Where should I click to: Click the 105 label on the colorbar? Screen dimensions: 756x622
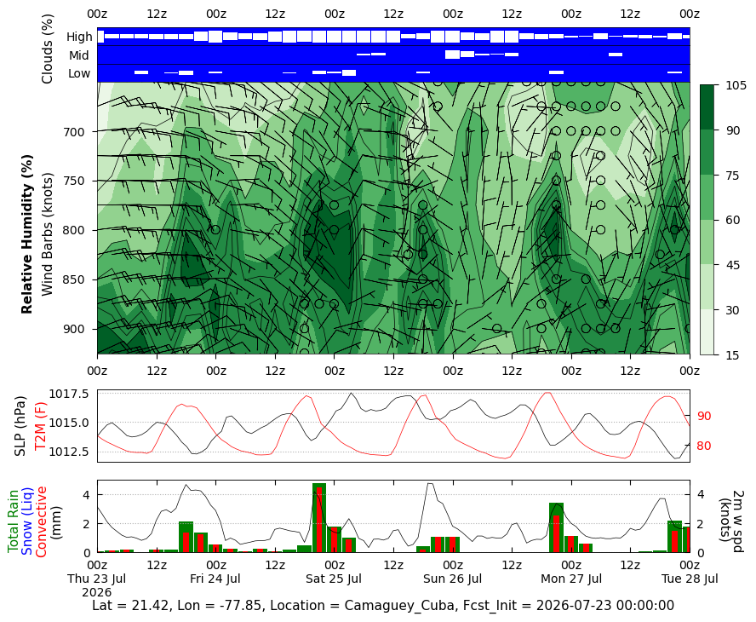pos(736,85)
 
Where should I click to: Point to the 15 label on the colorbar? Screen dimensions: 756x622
pos(732,355)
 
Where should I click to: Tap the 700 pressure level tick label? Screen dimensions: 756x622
pos(74,132)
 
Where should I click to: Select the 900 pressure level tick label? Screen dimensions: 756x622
pos(74,329)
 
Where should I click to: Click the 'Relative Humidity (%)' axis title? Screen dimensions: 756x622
pos(27,234)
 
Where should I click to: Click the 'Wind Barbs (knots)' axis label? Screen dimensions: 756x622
pos(47,234)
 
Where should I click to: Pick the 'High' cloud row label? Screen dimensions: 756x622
pos(79,37)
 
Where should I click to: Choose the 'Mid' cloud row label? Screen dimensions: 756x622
pos(78,55)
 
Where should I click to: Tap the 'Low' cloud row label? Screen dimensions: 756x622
pos(79,73)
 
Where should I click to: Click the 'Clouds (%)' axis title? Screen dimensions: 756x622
pos(47,49)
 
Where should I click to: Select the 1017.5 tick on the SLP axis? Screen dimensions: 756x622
pos(69,394)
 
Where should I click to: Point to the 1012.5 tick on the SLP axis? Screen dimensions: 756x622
pos(69,452)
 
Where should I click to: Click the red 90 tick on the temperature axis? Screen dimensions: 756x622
pos(704,416)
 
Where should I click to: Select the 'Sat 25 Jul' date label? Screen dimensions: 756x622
pos(334,579)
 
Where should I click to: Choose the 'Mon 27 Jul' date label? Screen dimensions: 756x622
pos(571,579)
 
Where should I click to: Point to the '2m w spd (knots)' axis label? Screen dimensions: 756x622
pos(731,516)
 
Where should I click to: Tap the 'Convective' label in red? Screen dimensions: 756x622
pos(41,521)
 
